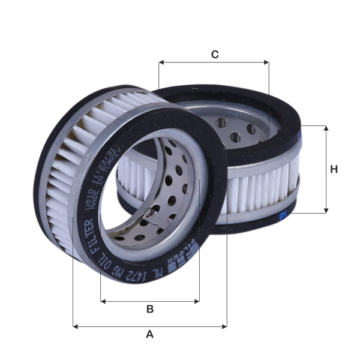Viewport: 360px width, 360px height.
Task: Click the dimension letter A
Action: tap(150, 335)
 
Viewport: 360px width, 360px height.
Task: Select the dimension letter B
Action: tap(150, 309)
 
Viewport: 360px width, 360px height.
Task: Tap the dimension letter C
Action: tap(215, 54)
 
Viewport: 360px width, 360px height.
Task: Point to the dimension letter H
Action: tap(334, 169)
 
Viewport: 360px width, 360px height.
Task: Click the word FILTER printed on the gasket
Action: tap(88, 236)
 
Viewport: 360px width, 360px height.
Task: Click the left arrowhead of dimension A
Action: tap(74, 326)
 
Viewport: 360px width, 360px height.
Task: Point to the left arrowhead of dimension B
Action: tap(103, 301)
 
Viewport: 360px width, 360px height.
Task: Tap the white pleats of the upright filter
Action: tap(63, 174)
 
